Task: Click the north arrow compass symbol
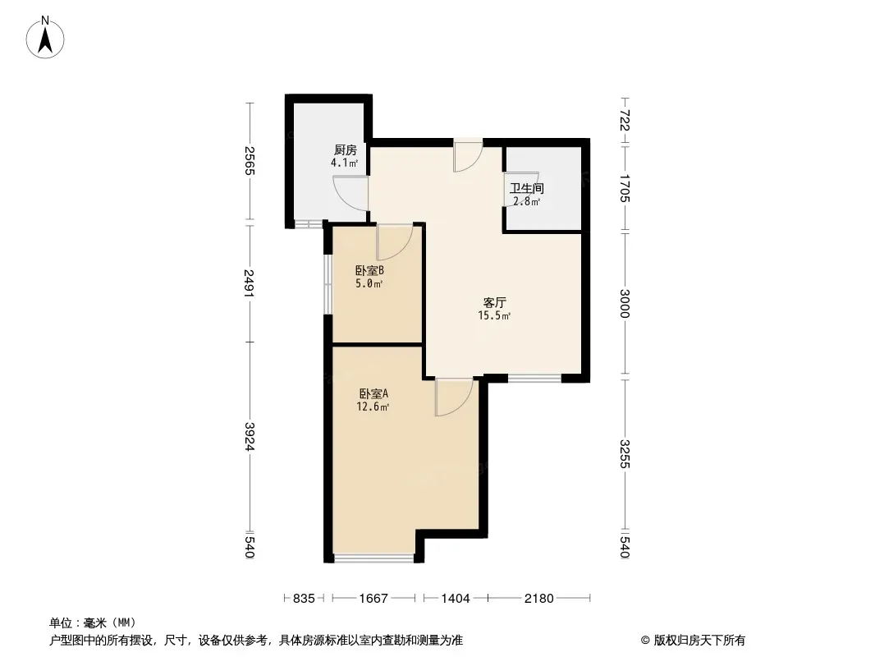point(45,38)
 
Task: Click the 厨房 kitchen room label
point(345,149)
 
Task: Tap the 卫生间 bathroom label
point(526,189)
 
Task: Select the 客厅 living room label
point(494,302)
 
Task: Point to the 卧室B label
point(369,271)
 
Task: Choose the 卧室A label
point(373,393)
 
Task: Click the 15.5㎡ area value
point(494,316)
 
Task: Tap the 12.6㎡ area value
point(373,407)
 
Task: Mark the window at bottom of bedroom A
point(373,558)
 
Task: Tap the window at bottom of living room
point(534,379)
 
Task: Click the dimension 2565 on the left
point(250,161)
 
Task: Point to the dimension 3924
point(250,437)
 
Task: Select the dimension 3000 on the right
point(625,303)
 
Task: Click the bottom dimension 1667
point(373,599)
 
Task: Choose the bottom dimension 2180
point(538,599)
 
